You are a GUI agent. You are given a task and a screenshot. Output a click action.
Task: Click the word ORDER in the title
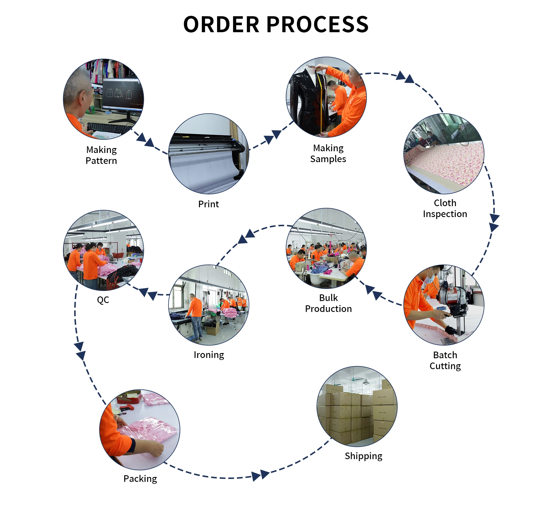tap(221, 24)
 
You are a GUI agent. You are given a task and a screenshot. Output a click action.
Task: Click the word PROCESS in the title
tap(317, 24)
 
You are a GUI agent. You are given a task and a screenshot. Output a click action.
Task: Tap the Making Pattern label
tap(101, 155)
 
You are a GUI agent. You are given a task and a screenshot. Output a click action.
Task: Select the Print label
tap(208, 204)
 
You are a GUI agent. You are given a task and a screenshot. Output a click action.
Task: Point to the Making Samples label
tap(328, 154)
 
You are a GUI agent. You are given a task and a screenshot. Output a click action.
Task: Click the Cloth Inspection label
tap(445, 208)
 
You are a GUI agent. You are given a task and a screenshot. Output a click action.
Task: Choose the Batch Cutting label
tap(445, 361)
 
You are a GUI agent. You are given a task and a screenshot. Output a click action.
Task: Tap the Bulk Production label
tap(328, 303)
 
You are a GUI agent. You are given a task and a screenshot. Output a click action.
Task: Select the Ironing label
tap(209, 355)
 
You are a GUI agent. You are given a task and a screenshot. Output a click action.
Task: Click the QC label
tap(103, 300)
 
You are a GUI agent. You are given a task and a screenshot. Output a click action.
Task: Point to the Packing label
tap(140, 479)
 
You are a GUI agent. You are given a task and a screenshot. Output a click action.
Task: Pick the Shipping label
tap(363, 456)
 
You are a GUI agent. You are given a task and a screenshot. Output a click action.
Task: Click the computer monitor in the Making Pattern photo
tap(122, 93)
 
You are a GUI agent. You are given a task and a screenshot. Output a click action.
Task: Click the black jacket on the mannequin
tap(306, 101)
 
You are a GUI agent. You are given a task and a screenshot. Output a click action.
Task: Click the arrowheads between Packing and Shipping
tap(260, 475)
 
